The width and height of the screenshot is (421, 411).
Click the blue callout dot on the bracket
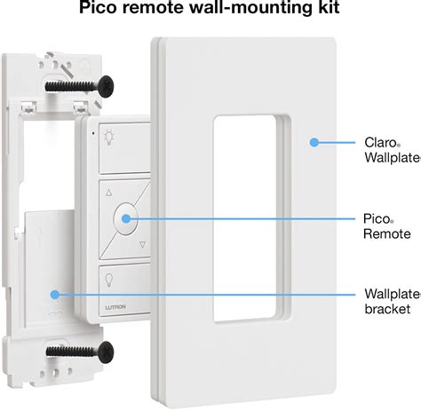tap(54, 293)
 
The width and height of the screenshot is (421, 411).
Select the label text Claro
tap(379, 140)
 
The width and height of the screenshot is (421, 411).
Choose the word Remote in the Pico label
tap(386, 233)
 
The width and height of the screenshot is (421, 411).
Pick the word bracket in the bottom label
tap(386, 309)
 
